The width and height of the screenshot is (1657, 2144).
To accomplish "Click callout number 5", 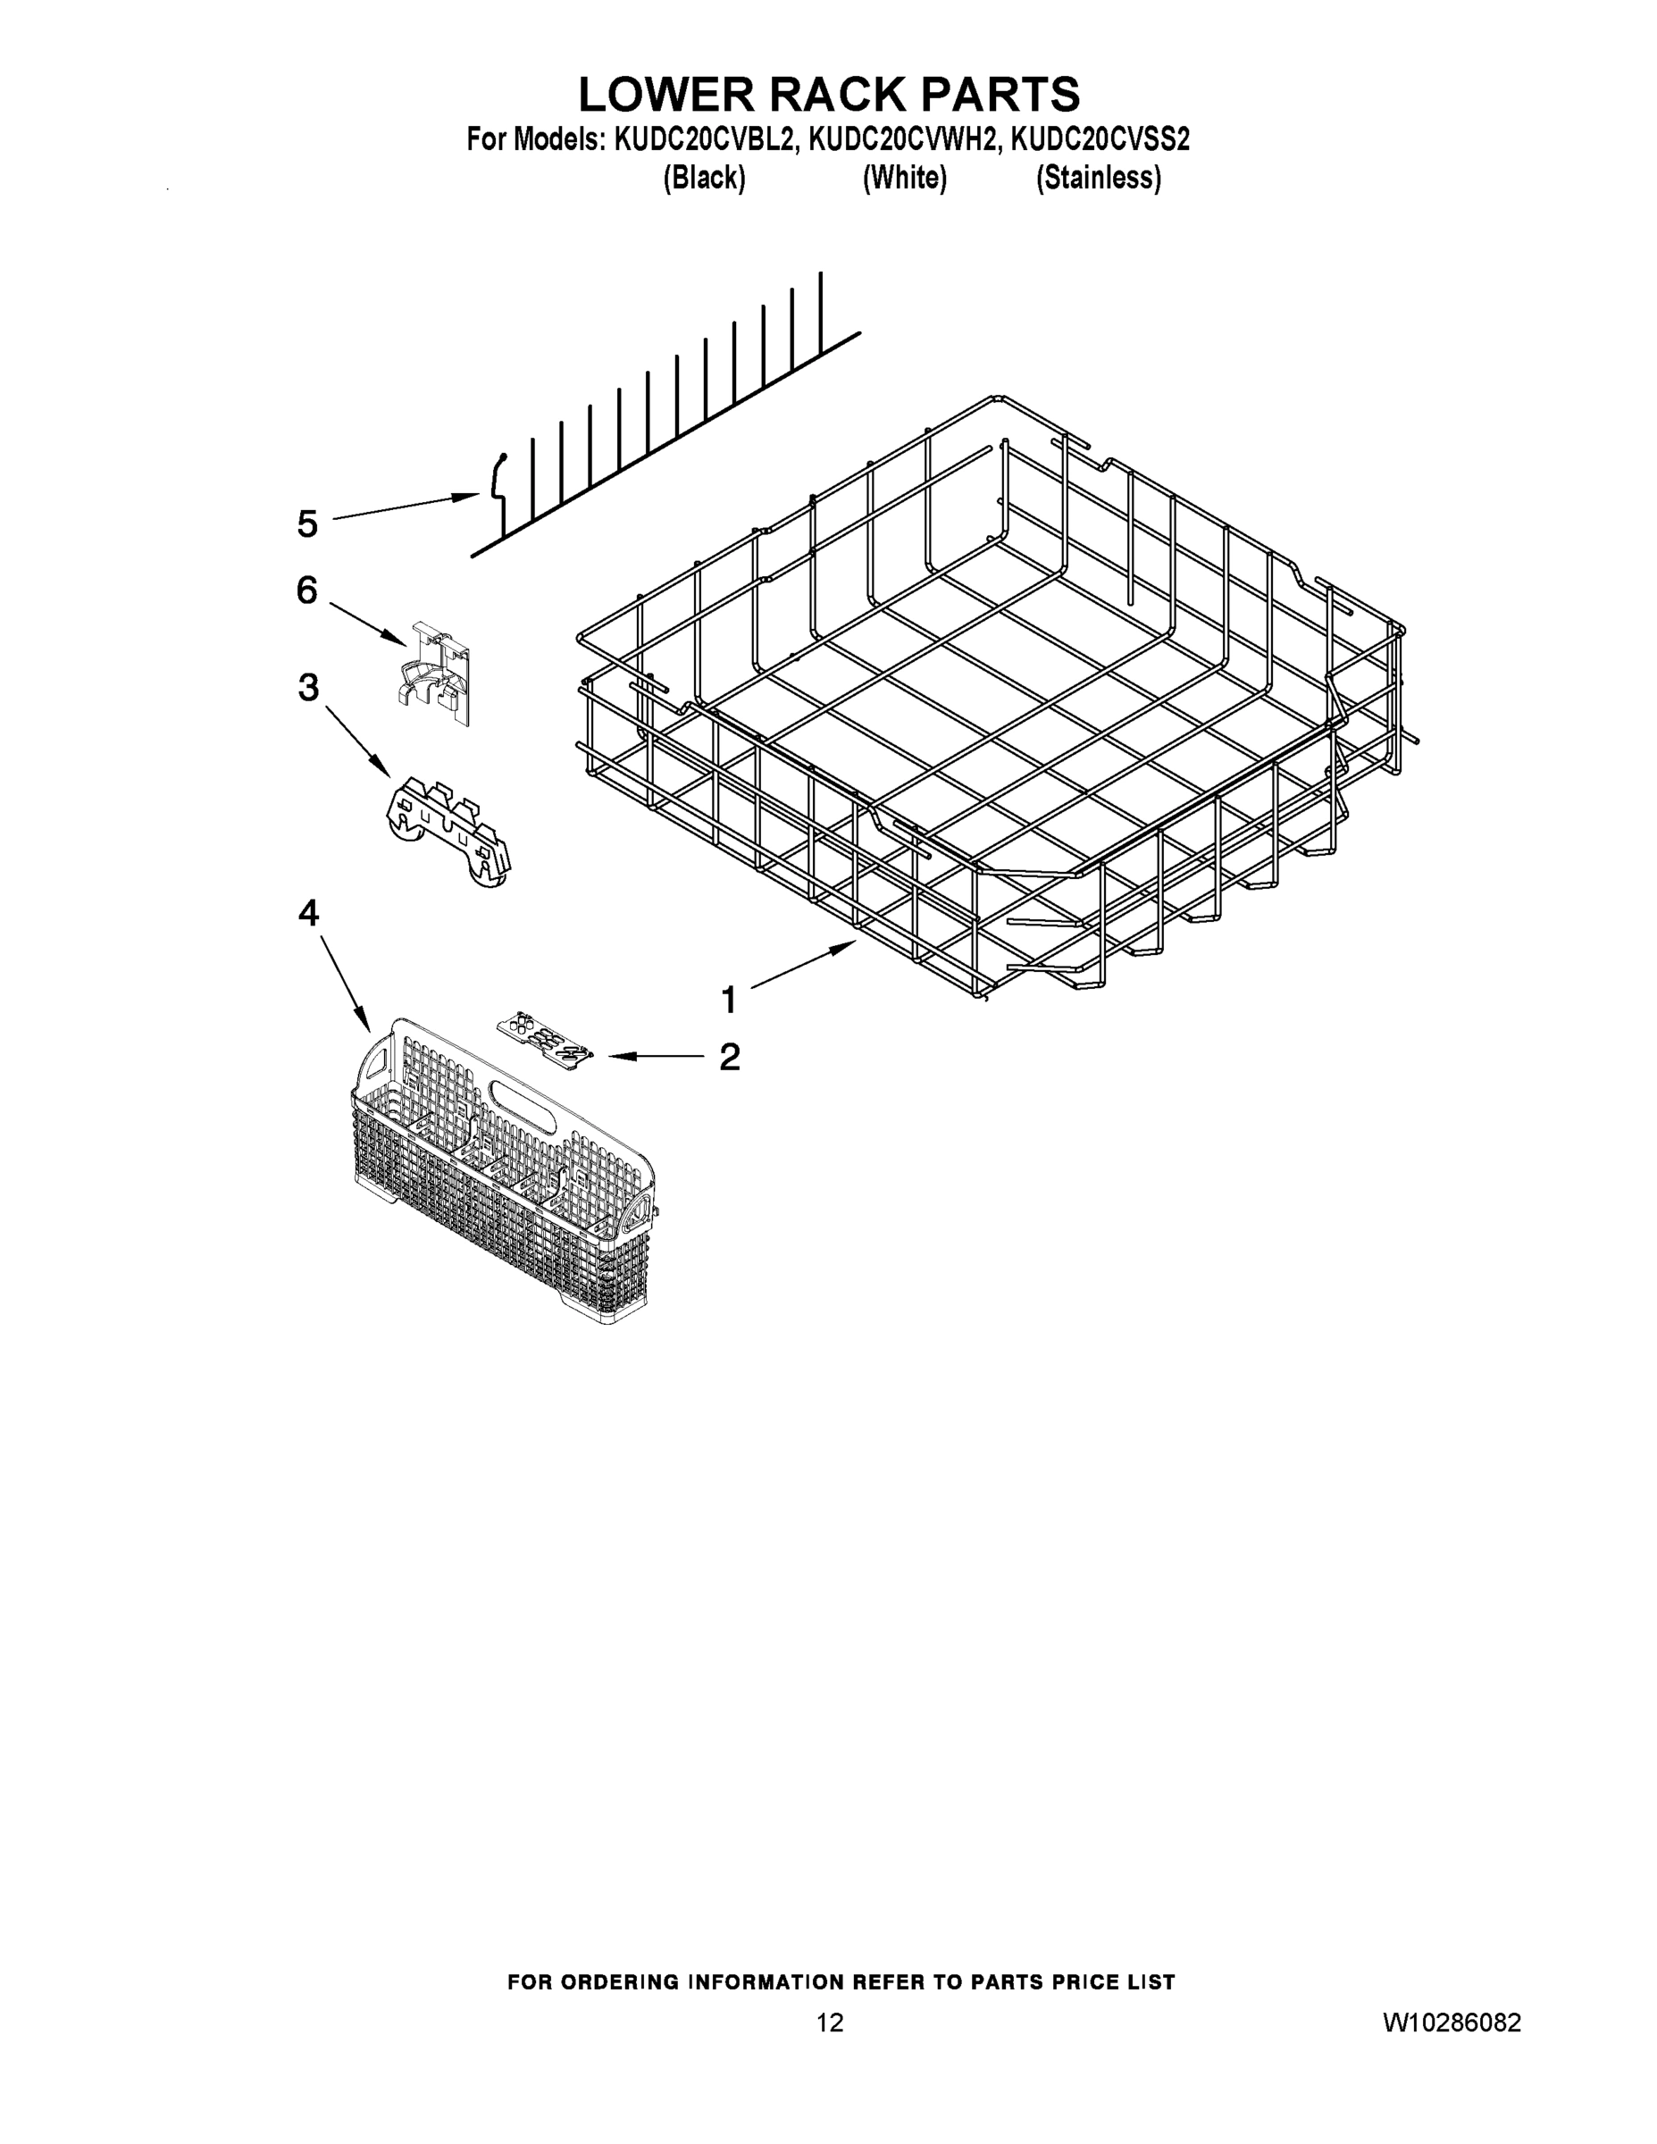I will tap(307, 524).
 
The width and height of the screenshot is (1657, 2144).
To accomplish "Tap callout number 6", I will tap(307, 591).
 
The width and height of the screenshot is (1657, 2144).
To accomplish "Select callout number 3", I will tap(308, 687).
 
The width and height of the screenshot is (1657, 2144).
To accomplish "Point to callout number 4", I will tap(308, 914).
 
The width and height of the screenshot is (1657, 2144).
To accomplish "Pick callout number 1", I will tap(728, 1001).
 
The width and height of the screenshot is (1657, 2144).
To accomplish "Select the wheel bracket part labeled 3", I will tap(447, 831).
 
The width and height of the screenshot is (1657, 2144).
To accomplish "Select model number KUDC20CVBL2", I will tap(703, 140).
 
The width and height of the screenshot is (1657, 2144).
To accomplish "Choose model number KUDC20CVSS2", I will tap(1100, 140).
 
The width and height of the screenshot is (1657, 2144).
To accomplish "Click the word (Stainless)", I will tap(1099, 179).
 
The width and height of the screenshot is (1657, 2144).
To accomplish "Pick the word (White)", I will tap(904, 179).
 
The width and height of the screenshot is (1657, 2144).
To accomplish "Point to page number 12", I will tap(830, 2023).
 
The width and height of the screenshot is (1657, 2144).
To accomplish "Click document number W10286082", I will tap(1452, 2023).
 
